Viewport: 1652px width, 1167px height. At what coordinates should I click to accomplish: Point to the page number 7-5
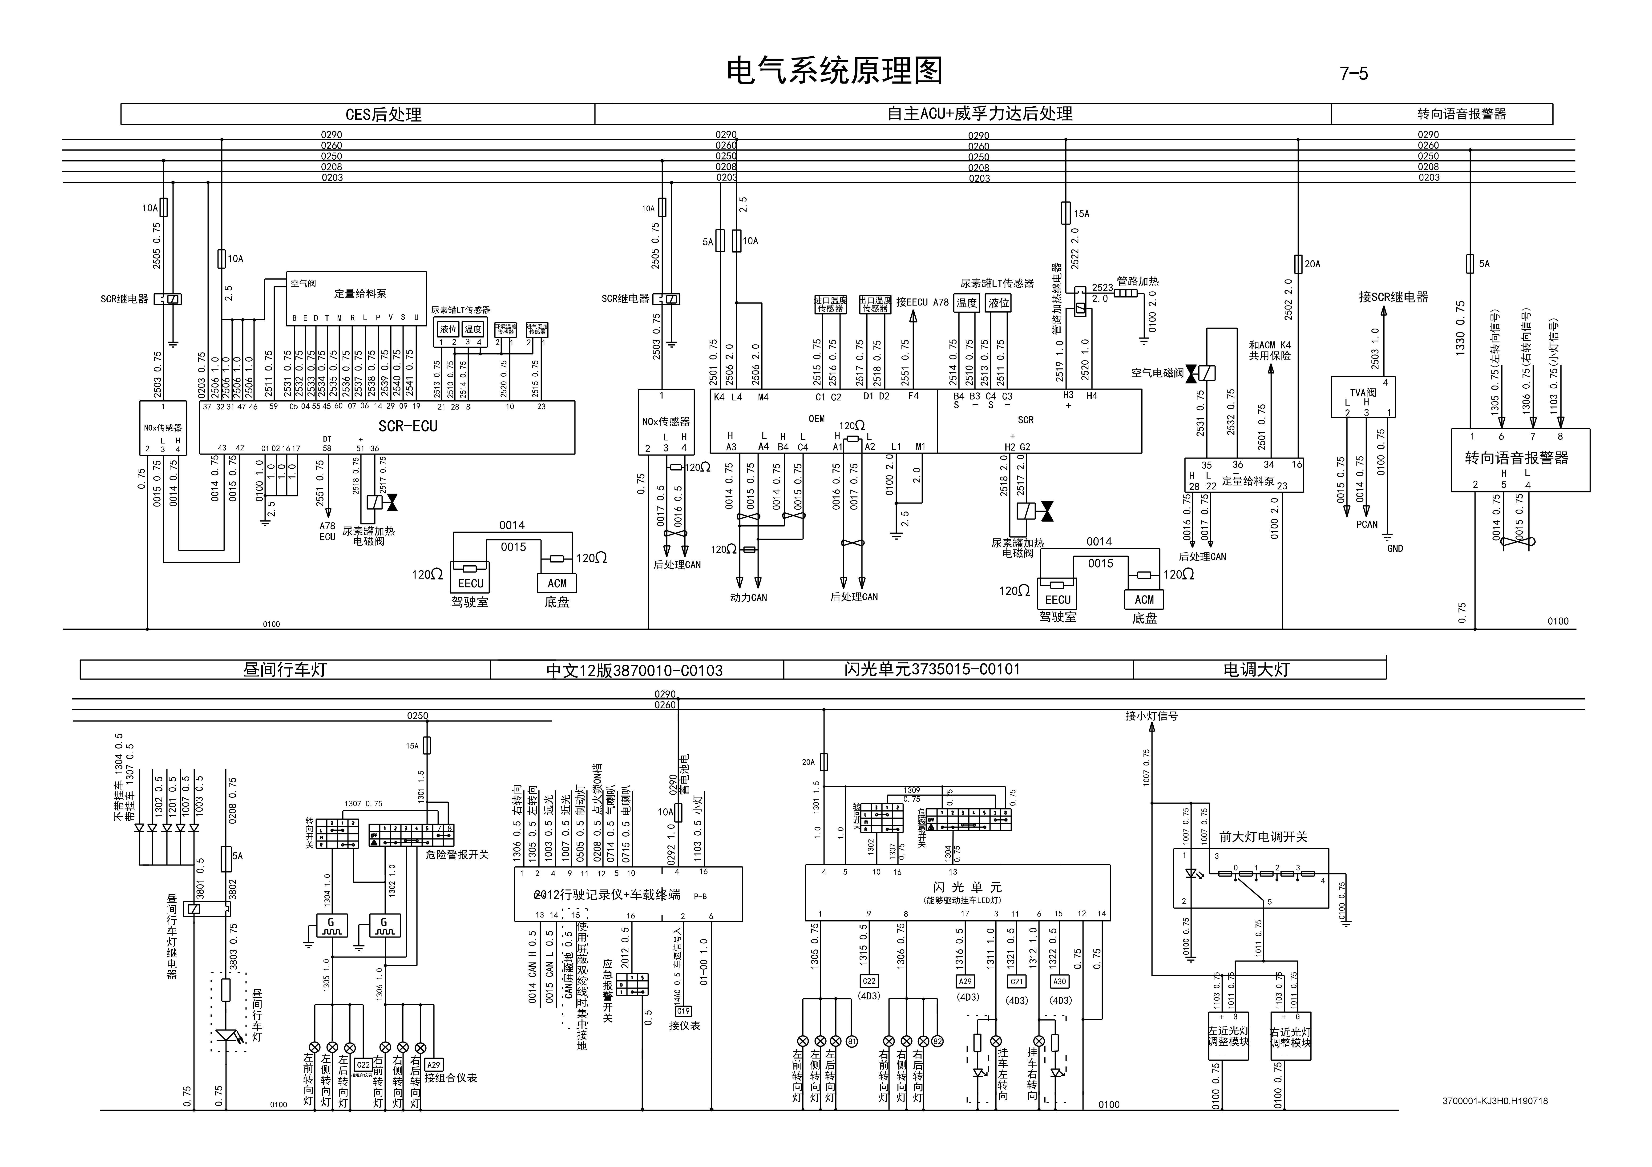click(1353, 73)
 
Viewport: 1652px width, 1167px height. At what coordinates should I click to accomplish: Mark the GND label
click(1394, 548)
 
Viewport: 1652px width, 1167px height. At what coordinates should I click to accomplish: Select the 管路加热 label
click(1138, 281)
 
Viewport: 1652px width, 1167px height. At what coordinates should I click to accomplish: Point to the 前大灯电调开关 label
click(1263, 837)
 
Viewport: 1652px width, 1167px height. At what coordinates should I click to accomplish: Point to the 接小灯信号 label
click(1152, 716)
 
